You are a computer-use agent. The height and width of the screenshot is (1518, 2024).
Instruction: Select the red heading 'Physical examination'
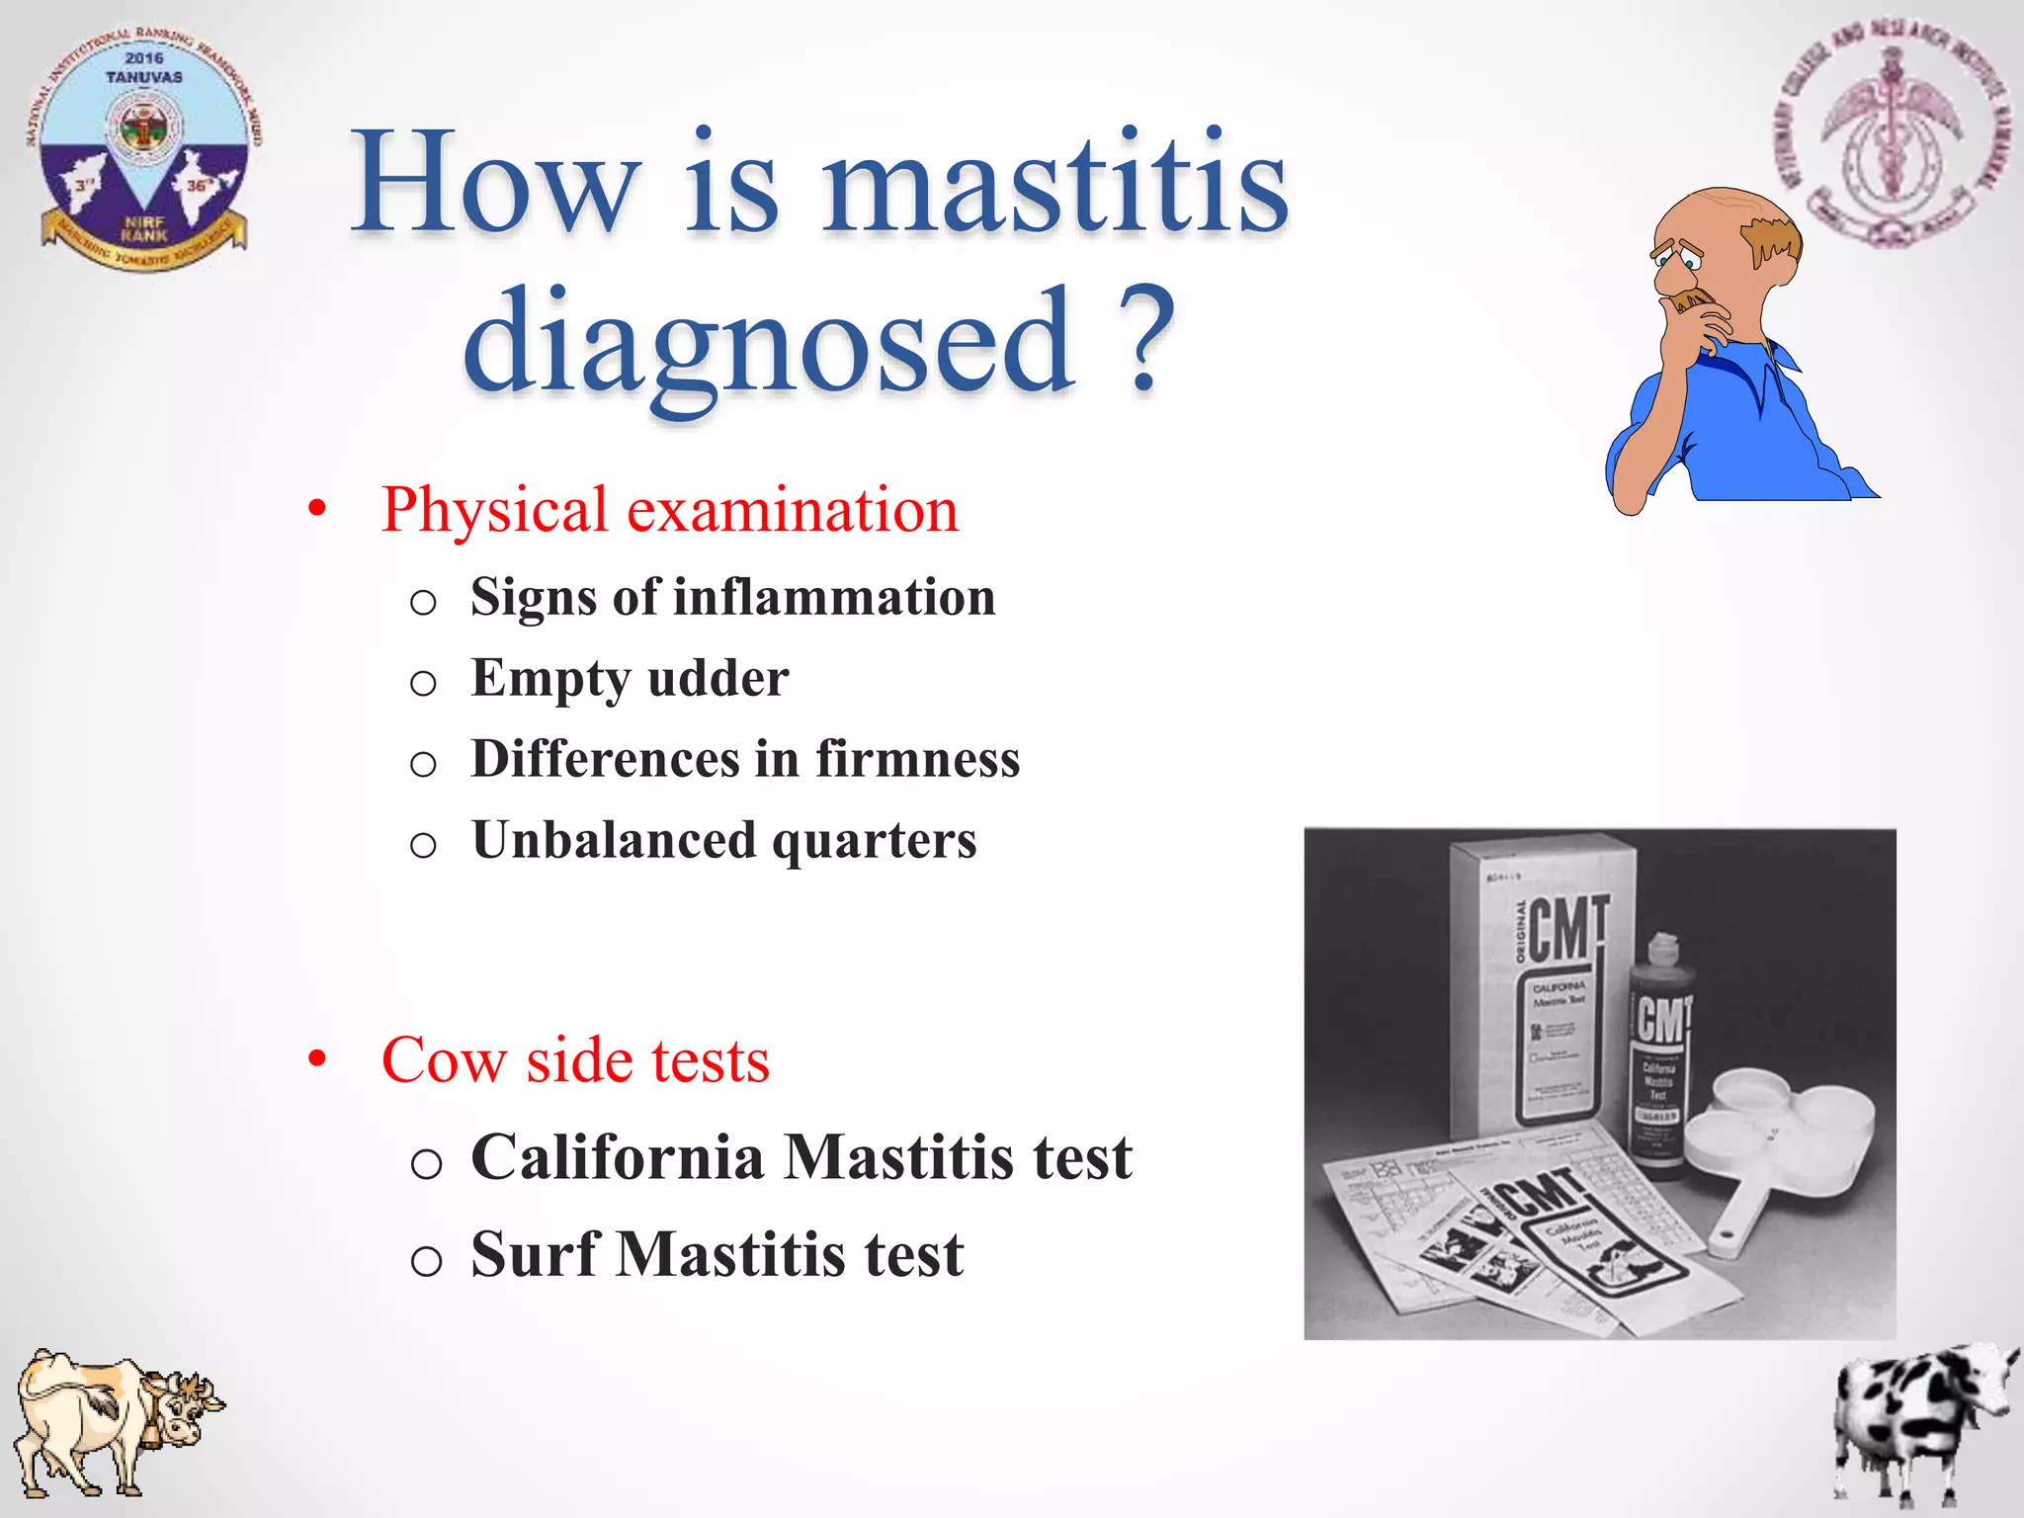[669, 510]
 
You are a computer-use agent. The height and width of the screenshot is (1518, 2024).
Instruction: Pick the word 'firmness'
[917, 759]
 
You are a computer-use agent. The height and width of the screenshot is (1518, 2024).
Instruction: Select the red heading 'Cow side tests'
[575, 1059]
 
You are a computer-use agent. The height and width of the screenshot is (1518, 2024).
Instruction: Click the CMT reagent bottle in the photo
[1658, 1057]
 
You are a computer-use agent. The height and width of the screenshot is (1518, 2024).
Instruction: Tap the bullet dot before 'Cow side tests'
[316, 1058]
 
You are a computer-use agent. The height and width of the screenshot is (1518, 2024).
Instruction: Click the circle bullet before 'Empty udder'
[423, 683]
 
